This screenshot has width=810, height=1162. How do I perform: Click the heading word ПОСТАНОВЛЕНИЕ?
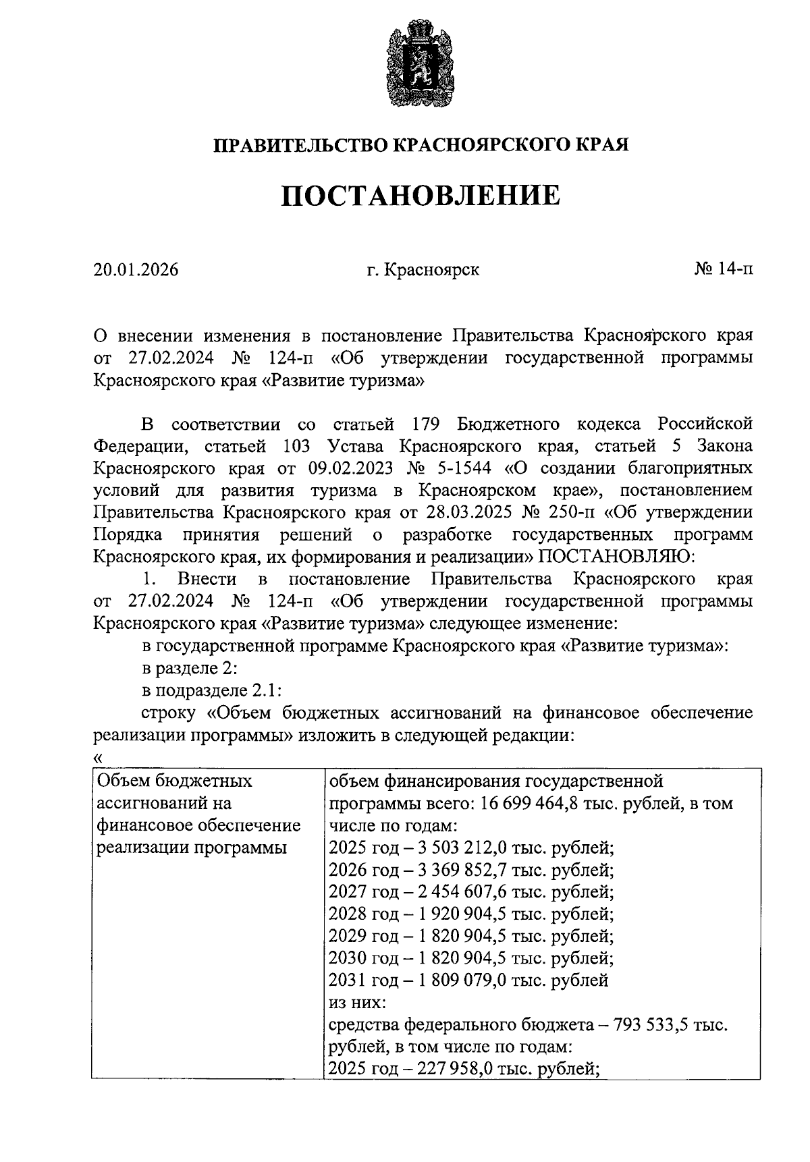click(x=421, y=195)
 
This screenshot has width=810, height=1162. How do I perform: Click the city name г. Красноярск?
click(x=423, y=270)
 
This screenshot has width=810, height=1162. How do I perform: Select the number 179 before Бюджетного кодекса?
click(x=425, y=424)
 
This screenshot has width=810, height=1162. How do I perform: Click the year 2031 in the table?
click(x=346, y=980)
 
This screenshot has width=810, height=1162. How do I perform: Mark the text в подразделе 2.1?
click(x=211, y=690)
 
